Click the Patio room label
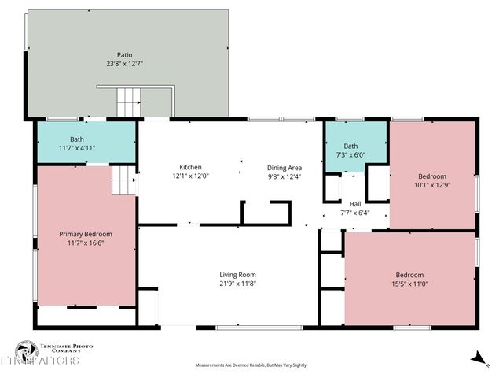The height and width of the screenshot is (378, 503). [124, 55]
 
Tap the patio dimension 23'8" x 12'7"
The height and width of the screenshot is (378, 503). [124, 64]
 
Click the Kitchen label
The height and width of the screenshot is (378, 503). [191, 167]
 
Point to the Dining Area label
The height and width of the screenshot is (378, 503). [284, 167]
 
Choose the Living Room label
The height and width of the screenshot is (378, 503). [237, 275]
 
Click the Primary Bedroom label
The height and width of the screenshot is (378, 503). [86, 234]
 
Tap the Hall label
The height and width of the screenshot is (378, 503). [355, 203]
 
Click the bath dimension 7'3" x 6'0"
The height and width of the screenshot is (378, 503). [351, 155]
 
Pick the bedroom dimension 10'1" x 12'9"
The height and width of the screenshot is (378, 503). [432, 185]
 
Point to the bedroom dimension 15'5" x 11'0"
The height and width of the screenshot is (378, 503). [410, 284]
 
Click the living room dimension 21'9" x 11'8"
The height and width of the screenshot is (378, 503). [237, 283]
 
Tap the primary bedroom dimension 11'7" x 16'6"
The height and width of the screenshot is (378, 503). [86, 243]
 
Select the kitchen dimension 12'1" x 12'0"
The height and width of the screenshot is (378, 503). [191, 176]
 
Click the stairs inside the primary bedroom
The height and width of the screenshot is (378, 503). [123, 180]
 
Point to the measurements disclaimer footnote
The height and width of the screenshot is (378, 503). [251, 365]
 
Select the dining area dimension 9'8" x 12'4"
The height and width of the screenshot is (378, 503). [284, 176]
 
